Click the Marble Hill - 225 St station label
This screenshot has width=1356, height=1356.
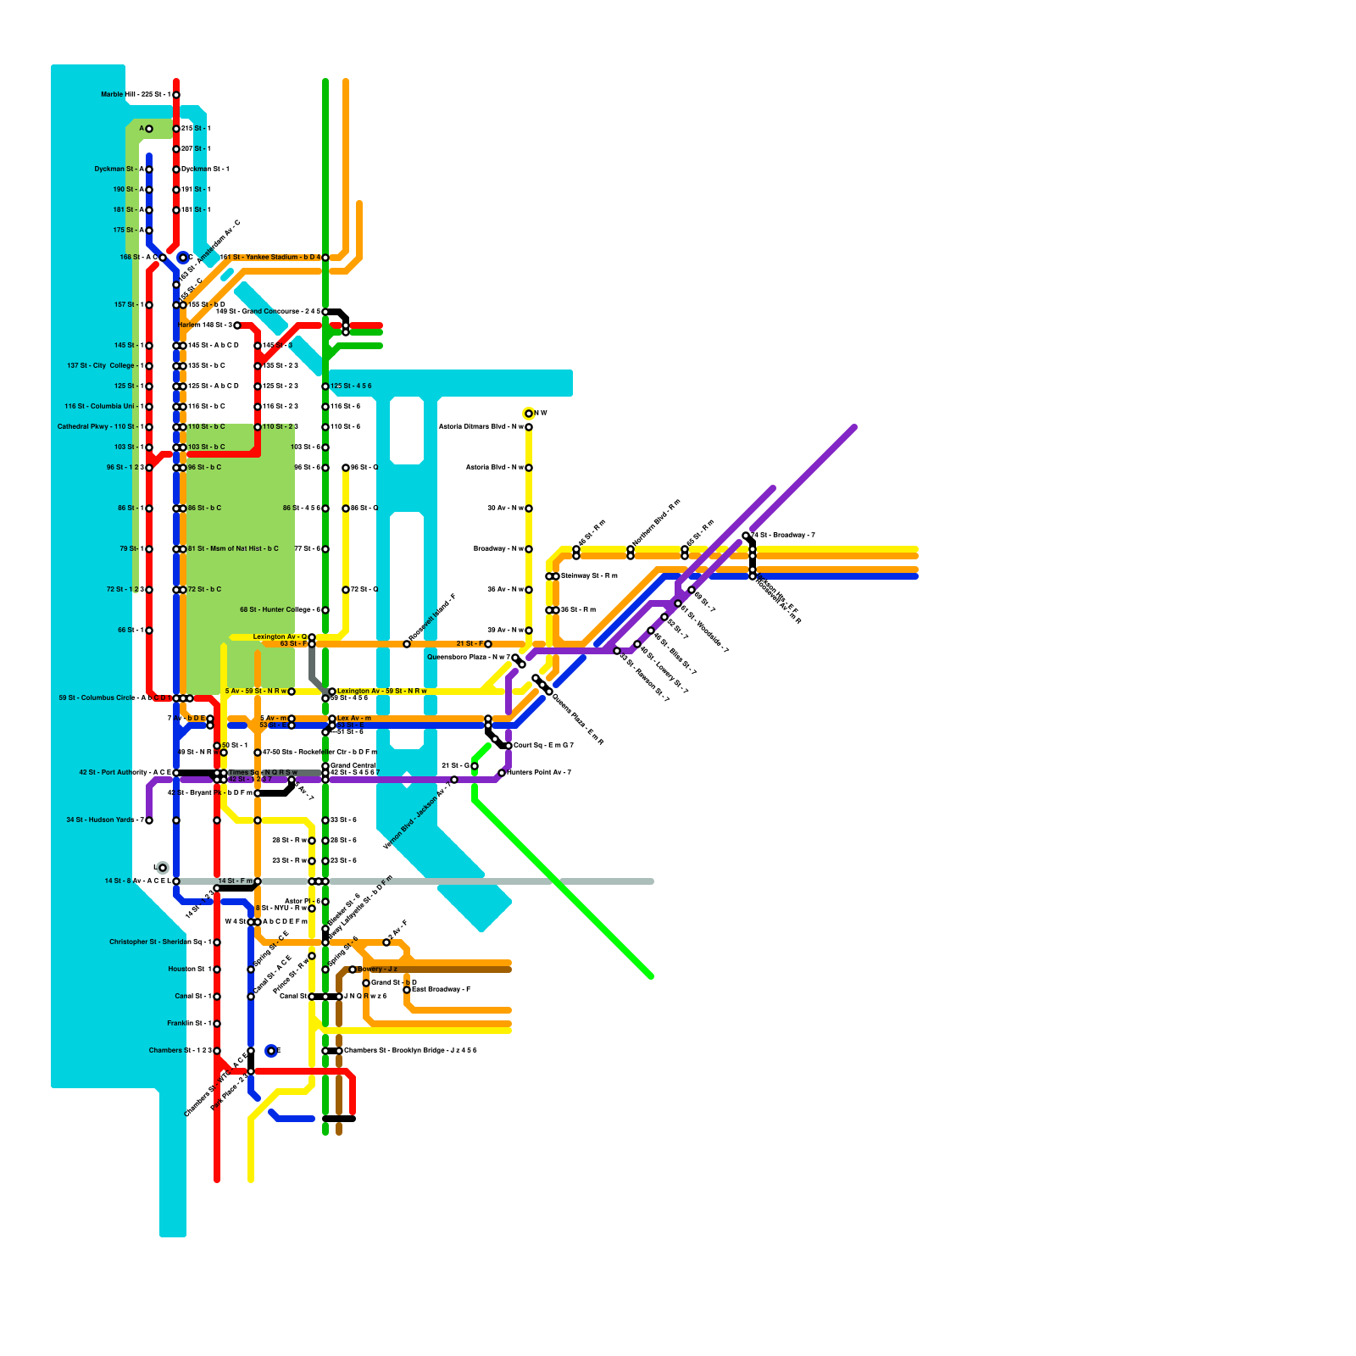(136, 95)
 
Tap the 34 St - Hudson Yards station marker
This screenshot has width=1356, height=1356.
(149, 820)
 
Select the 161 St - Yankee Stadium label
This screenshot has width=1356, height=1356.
(270, 258)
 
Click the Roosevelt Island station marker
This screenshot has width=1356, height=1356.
(407, 644)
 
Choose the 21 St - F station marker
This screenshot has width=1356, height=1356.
(488, 644)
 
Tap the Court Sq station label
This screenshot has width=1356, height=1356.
(543, 746)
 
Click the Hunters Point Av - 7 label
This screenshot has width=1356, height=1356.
(539, 773)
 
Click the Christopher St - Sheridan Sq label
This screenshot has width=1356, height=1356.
(160, 942)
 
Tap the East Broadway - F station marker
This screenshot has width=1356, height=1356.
(407, 990)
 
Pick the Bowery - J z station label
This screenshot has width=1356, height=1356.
(377, 970)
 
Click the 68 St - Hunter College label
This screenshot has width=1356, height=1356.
(280, 610)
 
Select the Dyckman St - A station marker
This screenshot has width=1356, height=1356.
(149, 169)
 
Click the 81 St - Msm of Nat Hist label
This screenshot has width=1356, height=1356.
(233, 549)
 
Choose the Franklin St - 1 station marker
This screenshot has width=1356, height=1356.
(217, 1024)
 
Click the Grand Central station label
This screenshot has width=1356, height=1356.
(353, 765)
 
